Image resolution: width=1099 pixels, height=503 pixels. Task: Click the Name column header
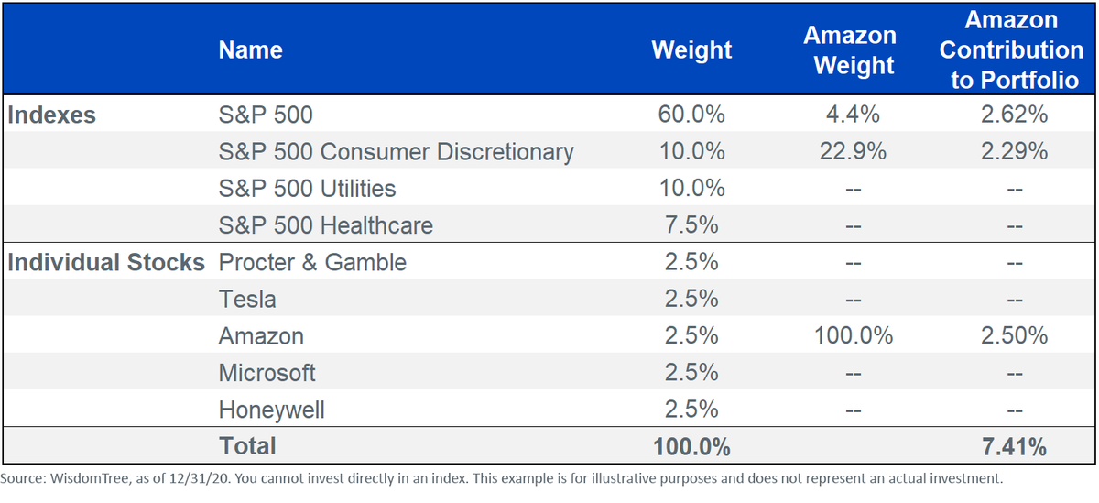[x=250, y=50]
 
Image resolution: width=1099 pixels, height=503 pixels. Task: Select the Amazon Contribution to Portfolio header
[x=1011, y=50]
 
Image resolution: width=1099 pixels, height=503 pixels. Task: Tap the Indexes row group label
[x=51, y=115]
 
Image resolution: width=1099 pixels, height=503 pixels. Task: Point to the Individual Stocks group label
[x=106, y=262]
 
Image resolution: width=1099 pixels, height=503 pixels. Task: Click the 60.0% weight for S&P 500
[x=691, y=115]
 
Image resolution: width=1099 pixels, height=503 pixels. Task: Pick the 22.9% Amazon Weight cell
[x=853, y=151]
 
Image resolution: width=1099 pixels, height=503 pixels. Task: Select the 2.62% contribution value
[x=1014, y=115]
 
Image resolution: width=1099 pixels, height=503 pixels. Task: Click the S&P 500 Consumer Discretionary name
[x=396, y=152]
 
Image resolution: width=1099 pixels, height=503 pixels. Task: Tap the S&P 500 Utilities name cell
[x=307, y=189]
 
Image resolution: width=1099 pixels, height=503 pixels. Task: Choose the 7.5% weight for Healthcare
[x=691, y=224]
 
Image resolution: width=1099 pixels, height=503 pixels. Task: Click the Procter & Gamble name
[x=312, y=262]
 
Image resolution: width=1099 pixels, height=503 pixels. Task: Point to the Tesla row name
[x=247, y=299]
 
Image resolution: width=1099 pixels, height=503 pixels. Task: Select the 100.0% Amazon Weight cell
[x=854, y=335]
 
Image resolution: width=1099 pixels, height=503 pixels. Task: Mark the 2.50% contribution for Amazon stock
[x=1014, y=335]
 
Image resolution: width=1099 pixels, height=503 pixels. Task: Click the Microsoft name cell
[x=267, y=373]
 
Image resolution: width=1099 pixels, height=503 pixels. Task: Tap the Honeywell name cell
[x=271, y=410]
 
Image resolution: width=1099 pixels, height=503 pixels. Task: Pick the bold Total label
[x=247, y=446]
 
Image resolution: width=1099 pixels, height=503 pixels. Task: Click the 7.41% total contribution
[x=1014, y=446]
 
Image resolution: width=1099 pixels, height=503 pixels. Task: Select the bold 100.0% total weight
[x=691, y=446]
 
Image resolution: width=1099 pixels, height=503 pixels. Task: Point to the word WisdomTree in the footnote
[x=90, y=478]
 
